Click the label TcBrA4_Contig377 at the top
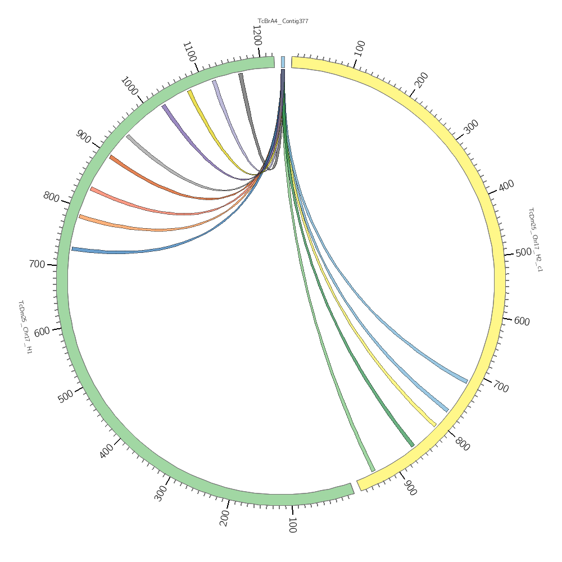pos(283,21)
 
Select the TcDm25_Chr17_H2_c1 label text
pos(534,239)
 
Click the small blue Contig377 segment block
pos(283,62)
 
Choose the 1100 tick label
pos(189,52)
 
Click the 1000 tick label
pos(129,87)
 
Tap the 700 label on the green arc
pos(37,264)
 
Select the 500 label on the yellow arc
pos(523,252)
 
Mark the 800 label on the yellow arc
pos(462,443)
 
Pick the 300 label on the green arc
pos(161,493)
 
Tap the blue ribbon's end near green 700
pos(72,249)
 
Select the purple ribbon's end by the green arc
pos(164,106)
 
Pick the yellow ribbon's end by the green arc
pos(190,91)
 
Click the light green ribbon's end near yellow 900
pos(372,470)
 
